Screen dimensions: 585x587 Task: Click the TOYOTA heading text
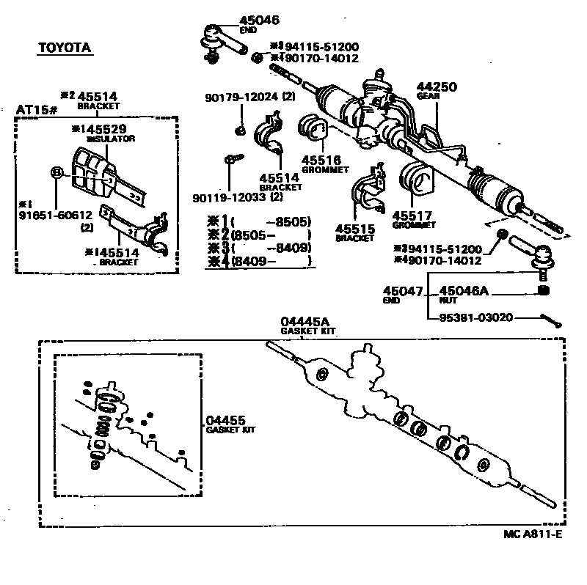65,48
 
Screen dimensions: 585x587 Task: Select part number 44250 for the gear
437,87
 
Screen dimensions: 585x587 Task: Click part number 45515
355,229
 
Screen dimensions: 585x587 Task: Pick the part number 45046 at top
260,21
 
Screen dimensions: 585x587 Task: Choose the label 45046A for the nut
464,292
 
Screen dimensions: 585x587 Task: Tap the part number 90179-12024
241,97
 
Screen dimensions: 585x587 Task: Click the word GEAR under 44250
427,95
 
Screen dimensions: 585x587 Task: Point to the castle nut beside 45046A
544,292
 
